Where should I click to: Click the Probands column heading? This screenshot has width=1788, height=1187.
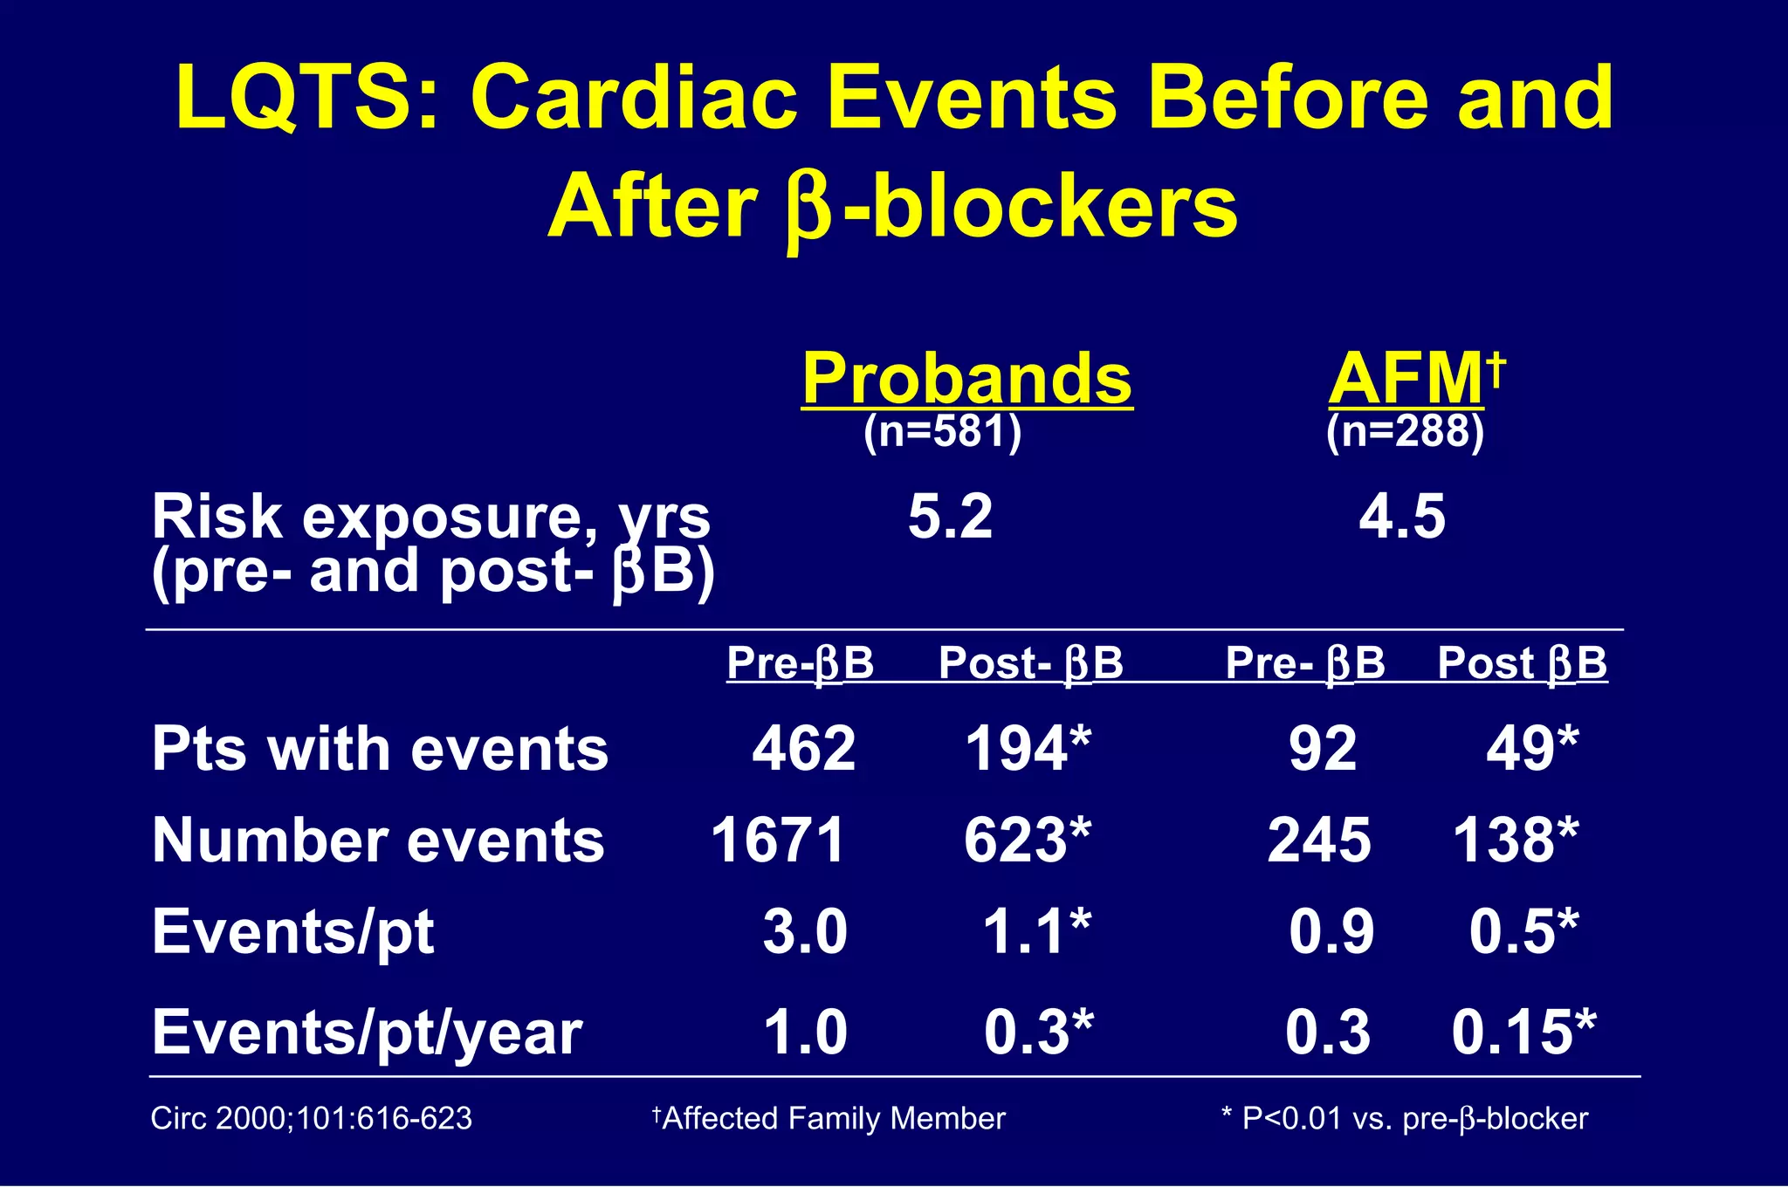click(x=966, y=379)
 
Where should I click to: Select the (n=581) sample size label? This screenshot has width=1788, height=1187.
click(x=942, y=431)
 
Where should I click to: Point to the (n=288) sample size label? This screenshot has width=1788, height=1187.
click(x=1405, y=431)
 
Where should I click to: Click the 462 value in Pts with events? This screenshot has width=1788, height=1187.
click(x=804, y=749)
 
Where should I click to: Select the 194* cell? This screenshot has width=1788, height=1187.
click(x=1028, y=749)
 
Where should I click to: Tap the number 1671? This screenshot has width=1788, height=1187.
click(x=778, y=841)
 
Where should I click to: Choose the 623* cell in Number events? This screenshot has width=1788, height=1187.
click(x=1028, y=841)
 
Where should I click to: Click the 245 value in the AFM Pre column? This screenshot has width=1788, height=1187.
click(x=1319, y=841)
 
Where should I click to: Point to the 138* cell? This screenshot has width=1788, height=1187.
click(x=1516, y=841)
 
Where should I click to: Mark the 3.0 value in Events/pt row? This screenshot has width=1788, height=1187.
click(x=805, y=931)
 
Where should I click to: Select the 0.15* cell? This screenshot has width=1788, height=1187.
click(x=1523, y=1032)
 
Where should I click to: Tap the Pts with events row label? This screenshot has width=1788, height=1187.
click(x=380, y=750)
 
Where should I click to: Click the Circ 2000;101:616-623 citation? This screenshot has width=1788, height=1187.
click(x=311, y=1118)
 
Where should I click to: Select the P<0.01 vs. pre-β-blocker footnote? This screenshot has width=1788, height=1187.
click(x=1405, y=1118)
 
